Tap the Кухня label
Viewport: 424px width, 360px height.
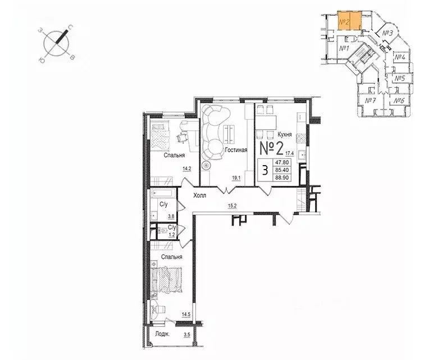(x=288, y=134)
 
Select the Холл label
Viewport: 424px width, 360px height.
(x=199, y=195)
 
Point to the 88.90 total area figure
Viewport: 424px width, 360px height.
(x=281, y=177)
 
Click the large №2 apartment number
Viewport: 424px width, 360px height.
(x=271, y=148)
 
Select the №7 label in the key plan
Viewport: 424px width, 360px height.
(x=370, y=101)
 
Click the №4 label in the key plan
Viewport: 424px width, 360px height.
(x=399, y=57)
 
